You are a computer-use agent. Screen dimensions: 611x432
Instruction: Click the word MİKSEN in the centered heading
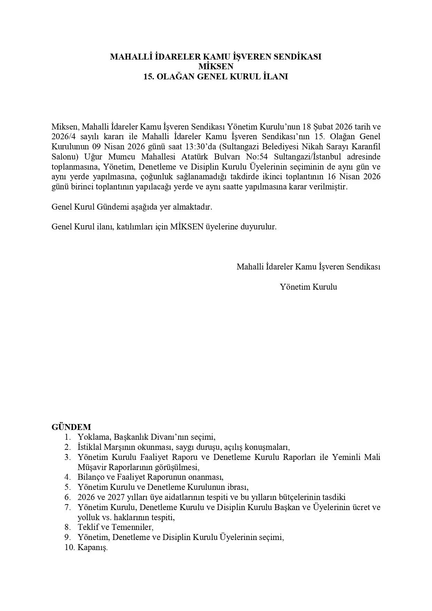216,66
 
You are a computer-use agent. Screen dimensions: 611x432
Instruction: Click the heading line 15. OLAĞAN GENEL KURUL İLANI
216,77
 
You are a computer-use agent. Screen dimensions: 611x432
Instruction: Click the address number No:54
256,157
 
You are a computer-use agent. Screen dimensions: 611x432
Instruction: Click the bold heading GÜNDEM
71,427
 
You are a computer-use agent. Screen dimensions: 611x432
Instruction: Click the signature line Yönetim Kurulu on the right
308,287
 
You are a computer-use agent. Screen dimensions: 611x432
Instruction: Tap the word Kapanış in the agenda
92,547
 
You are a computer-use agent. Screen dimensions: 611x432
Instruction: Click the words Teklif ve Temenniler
115,527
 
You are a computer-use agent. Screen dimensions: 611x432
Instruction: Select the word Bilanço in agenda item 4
89,477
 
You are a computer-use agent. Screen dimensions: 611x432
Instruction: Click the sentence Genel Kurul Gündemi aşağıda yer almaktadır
132,207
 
